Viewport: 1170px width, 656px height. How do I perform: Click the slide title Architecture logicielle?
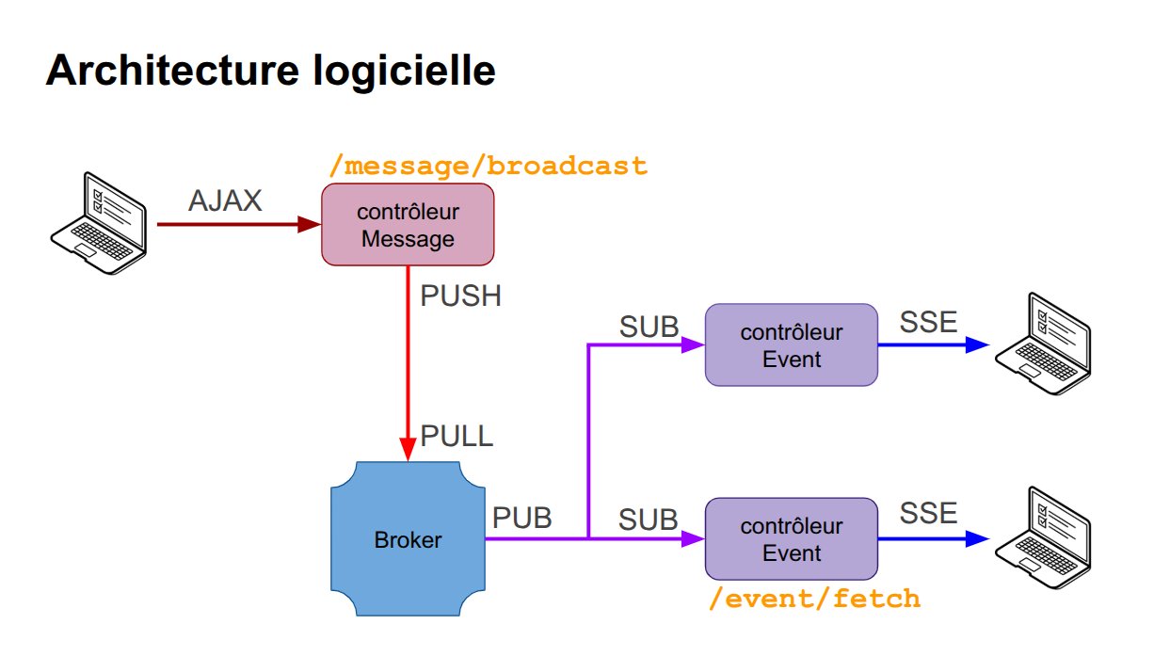click(x=270, y=71)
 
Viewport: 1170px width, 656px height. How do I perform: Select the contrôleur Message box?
click(x=408, y=225)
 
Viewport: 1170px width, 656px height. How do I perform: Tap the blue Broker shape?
click(x=407, y=539)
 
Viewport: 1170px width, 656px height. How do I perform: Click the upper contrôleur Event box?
click(x=792, y=344)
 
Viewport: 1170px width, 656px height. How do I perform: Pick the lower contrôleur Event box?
click(x=792, y=539)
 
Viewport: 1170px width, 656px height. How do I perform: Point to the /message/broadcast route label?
click(x=488, y=167)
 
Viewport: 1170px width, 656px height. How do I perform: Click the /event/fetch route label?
click(x=814, y=599)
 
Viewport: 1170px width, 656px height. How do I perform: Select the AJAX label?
click(x=225, y=200)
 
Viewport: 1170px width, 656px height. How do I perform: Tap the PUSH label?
click(x=460, y=296)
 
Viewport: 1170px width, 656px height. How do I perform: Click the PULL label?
click(x=457, y=437)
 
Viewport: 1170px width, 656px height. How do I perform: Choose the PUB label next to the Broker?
click(x=522, y=517)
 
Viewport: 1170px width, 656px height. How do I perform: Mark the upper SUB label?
click(x=648, y=326)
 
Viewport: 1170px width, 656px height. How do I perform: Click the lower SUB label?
click(x=648, y=519)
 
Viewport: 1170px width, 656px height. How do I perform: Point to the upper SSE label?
click(x=928, y=322)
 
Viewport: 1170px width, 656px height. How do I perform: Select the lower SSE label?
click(x=928, y=513)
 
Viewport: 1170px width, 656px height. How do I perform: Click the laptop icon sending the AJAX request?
click(x=98, y=223)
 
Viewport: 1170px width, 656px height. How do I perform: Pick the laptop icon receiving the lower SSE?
click(x=1043, y=537)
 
